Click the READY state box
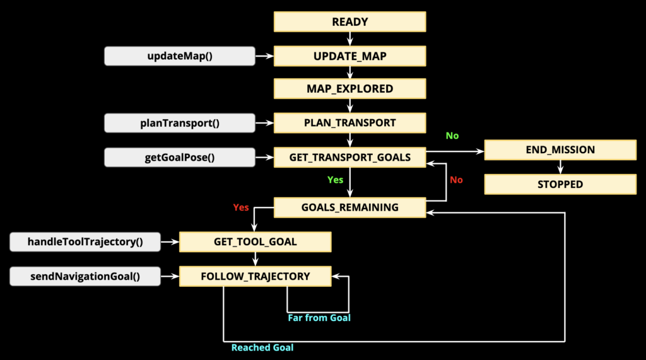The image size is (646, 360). (349, 22)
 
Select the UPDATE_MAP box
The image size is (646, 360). (349, 56)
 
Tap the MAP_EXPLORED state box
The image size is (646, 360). (349, 88)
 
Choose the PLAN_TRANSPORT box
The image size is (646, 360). (349, 123)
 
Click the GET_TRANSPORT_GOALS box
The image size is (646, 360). (349, 158)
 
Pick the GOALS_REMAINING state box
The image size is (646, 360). (349, 207)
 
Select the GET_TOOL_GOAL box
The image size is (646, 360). (255, 241)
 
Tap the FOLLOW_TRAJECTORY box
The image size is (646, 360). (255, 276)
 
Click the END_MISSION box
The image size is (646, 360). (560, 150)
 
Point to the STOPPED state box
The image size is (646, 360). (560, 184)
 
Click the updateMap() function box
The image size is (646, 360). (180, 56)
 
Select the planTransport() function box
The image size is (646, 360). (180, 123)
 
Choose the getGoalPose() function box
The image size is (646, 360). (180, 158)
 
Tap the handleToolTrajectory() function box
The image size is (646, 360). (85, 241)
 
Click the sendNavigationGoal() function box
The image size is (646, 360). (85, 276)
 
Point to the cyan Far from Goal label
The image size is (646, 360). (319, 318)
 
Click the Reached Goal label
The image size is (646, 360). (262, 347)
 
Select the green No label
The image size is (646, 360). (452, 136)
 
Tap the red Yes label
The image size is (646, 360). (241, 207)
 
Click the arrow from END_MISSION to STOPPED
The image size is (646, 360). (560, 167)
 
